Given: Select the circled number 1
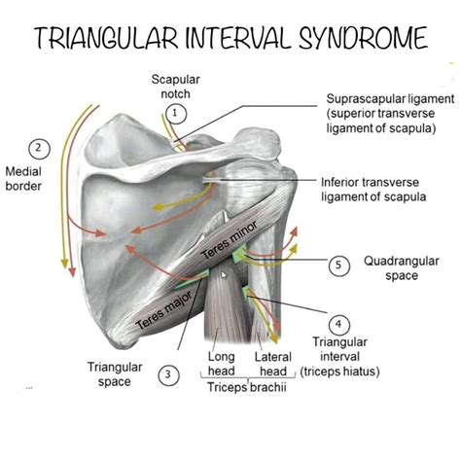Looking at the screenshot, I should [x=175, y=114].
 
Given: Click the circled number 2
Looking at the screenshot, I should [x=39, y=149].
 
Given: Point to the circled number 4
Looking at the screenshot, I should [x=338, y=323].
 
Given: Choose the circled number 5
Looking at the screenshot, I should [x=337, y=265].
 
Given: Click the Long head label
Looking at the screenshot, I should [x=222, y=364].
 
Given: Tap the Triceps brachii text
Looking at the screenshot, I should [x=247, y=386].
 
